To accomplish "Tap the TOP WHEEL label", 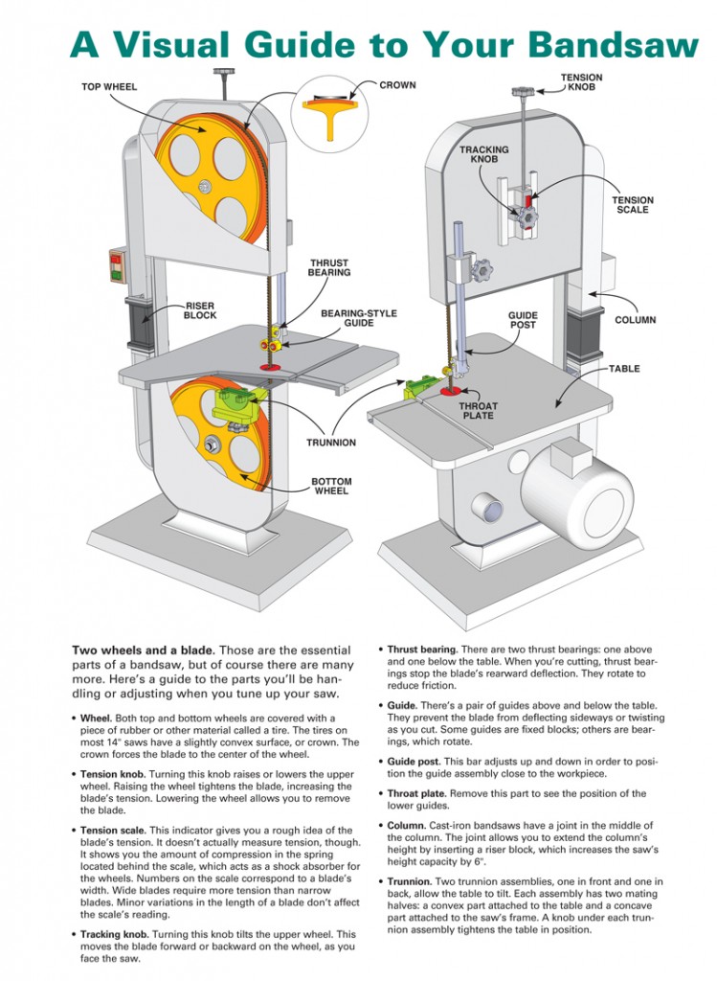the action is [x=109, y=87].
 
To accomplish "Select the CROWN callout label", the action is [x=397, y=85].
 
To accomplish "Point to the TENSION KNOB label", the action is [x=581, y=82].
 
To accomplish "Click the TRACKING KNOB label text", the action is [x=484, y=154].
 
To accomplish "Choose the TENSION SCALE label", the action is [x=633, y=205].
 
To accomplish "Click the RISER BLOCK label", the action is [x=200, y=310].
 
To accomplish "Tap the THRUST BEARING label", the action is [x=328, y=268].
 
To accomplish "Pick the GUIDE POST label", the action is [x=523, y=320].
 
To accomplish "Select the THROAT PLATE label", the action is [x=479, y=410].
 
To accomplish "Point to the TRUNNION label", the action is [x=330, y=443].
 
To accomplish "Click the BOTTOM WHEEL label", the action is [x=331, y=486].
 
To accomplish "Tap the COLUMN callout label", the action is [x=635, y=320].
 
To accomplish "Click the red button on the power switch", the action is [x=115, y=259].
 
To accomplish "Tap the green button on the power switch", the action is [x=116, y=273].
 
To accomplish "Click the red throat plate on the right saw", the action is [x=451, y=391].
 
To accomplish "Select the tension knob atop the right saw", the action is [x=523, y=92].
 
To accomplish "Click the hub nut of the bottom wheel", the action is [x=212, y=445].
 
